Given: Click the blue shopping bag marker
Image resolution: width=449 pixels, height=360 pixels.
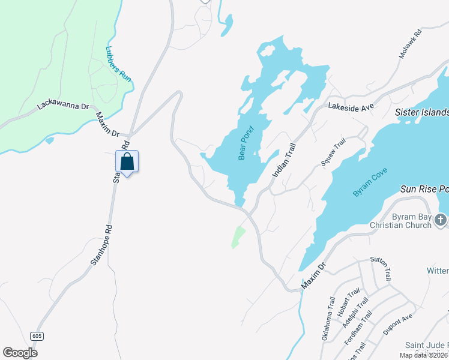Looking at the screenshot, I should click(x=127, y=161).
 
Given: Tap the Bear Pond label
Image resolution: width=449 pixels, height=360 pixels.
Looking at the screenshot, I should click(x=247, y=143).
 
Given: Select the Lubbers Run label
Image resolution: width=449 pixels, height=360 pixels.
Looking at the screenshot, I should click(x=118, y=64).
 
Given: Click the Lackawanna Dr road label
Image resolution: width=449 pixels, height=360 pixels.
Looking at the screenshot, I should click(x=63, y=104).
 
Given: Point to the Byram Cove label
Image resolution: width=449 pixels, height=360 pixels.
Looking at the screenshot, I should click(x=370, y=182).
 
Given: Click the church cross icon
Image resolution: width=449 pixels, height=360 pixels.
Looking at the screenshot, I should click(x=441, y=221).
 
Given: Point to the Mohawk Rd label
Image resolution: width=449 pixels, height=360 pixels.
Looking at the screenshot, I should click(x=411, y=43).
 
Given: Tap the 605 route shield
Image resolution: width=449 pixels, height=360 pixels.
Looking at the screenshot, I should click(x=37, y=336).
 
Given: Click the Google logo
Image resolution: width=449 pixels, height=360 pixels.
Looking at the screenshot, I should click(x=20, y=353).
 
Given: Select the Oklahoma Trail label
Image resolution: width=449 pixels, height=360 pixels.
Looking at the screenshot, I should click(x=327, y=319).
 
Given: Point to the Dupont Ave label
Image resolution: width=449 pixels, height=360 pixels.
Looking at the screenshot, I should click(x=399, y=326).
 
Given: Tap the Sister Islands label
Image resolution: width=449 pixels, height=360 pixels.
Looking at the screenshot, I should click(x=421, y=113).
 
